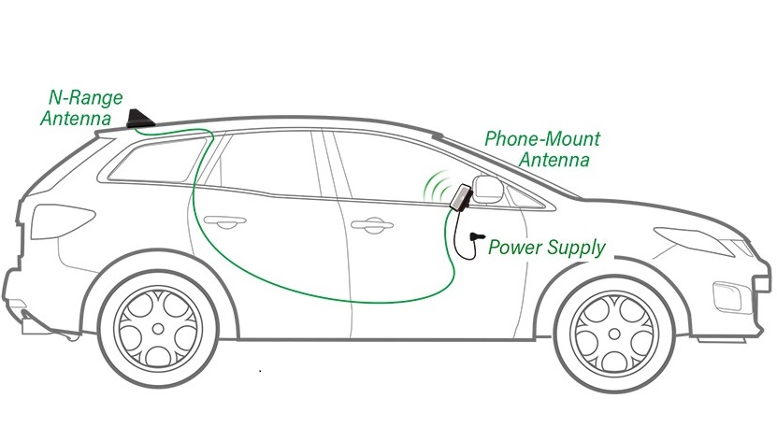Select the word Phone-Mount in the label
(x=542, y=140)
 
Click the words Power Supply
(x=547, y=249)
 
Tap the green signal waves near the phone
(x=435, y=187)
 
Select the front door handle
(x=371, y=224)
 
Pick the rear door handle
(x=224, y=222)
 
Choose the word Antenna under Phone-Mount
(x=554, y=161)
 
